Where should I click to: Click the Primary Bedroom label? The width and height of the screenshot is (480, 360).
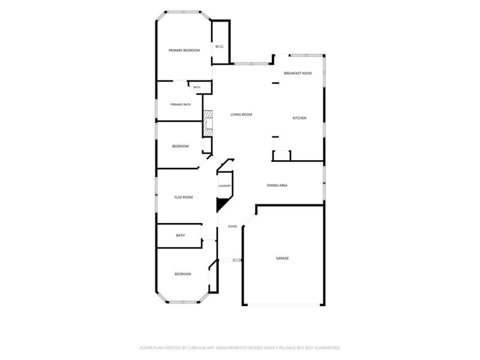pos(184,50)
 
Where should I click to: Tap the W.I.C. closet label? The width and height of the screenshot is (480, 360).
pos(220,47)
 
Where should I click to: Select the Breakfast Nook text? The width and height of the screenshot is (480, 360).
pos(298,73)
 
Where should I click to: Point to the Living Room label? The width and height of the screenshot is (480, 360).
pos(241,115)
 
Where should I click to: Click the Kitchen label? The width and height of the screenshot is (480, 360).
pos(299,118)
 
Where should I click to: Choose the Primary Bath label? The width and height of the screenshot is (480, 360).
pos(181,104)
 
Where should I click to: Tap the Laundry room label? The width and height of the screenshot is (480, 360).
pos(224,186)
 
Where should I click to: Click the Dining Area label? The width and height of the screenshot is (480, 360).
pos(277,185)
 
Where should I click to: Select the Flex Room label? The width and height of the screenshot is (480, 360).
pos(184,197)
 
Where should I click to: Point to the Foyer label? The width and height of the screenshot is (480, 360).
pos(232,227)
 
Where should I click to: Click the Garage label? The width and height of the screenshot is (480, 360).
pos(282,258)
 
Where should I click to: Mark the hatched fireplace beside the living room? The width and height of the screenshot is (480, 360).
pos(208,124)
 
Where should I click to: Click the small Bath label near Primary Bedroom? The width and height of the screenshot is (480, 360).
pos(197,87)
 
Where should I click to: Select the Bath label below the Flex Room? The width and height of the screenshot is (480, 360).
pos(181,235)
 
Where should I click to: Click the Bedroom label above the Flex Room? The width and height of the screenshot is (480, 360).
pos(181,146)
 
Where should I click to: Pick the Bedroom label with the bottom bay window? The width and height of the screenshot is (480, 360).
pos(183,274)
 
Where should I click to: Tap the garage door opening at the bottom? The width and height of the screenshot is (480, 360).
pos(284,305)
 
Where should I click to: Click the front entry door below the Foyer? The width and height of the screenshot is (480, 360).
pos(230,260)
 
